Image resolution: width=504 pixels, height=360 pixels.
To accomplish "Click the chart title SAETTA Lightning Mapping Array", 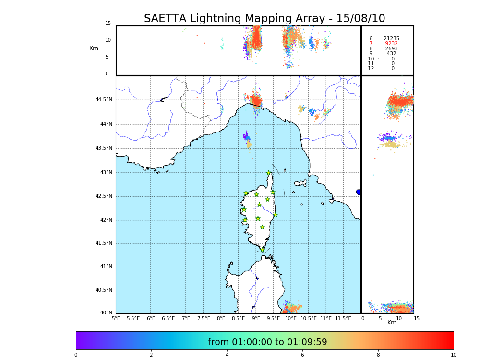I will click(264, 19).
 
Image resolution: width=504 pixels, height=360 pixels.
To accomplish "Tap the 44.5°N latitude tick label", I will click(103, 100).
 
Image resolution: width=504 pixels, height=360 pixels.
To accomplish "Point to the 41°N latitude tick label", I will click(105, 267).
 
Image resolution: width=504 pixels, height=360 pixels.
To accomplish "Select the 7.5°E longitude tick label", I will click(204, 318).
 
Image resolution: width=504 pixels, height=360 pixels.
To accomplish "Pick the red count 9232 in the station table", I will click(391, 44).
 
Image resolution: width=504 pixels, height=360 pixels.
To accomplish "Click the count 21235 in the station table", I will click(391, 38).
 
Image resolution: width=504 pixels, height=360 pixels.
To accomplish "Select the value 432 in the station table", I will click(391, 54).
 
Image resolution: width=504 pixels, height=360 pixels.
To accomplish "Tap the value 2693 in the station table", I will click(391, 49).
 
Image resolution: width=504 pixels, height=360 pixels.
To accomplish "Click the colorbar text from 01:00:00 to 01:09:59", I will click(267, 342).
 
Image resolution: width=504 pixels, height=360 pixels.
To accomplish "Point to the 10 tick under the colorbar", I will click(453, 355).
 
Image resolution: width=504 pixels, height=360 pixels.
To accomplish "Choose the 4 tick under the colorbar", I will click(227, 355).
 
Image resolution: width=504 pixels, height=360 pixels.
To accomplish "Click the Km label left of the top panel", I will click(94, 48).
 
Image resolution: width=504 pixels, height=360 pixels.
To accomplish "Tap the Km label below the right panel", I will click(392, 323).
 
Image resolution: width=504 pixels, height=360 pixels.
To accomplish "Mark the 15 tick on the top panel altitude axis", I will click(108, 24).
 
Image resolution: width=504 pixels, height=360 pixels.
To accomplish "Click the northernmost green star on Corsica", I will click(269, 173).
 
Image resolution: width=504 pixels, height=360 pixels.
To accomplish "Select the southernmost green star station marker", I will click(262, 250).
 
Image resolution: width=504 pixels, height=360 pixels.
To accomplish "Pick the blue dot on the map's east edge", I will click(359, 192).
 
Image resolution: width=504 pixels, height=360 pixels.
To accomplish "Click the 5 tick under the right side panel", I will click(380, 318).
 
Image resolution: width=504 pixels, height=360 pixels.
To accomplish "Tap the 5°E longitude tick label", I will click(116, 318).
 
